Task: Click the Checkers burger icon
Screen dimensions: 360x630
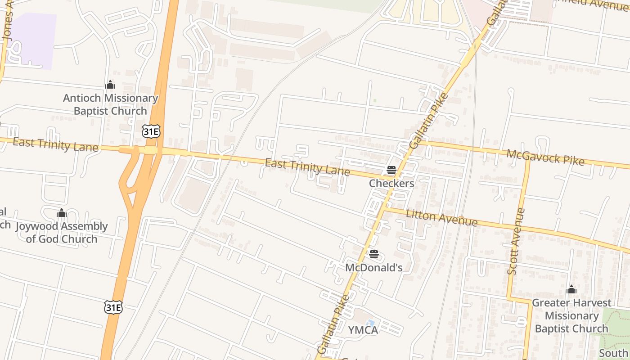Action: pyautogui.click(x=391, y=170)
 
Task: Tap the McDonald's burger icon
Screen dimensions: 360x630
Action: pyautogui.click(x=374, y=254)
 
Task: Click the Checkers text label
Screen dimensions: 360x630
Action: pyautogui.click(x=391, y=184)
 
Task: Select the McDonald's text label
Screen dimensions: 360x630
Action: pyautogui.click(x=373, y=268)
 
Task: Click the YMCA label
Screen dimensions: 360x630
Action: pyautogui.click(x=363, y=330)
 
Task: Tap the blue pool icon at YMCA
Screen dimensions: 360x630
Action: pyautogui.click(x=370, y=322)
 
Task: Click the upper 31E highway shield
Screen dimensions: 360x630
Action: pyautogui.click(x=150, y=131)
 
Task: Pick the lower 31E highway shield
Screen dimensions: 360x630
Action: pyautogui.click(x=113, y=307)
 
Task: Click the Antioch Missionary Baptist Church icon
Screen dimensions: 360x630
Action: pyautogui.click(x=110, y=85)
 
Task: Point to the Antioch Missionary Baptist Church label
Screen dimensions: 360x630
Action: pyautogui.click(x=110, y=104)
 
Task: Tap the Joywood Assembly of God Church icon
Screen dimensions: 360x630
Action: pyautogui.click(x=62, y=213)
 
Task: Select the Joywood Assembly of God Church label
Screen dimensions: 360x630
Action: pyautogui.click(x=62, y=233)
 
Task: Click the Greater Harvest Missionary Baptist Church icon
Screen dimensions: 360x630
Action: pyautogui.click(x=571, y=289)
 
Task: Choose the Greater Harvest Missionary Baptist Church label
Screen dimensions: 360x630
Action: pyautogui.click(x=571, y=316)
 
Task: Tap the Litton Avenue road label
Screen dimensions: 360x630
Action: pyautogui.click(x=441, y=218)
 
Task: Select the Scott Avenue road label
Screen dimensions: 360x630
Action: pyautogui.click(x=516, y=241)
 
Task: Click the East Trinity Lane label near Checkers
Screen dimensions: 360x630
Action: pyautogui.click(x=307, y=167)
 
